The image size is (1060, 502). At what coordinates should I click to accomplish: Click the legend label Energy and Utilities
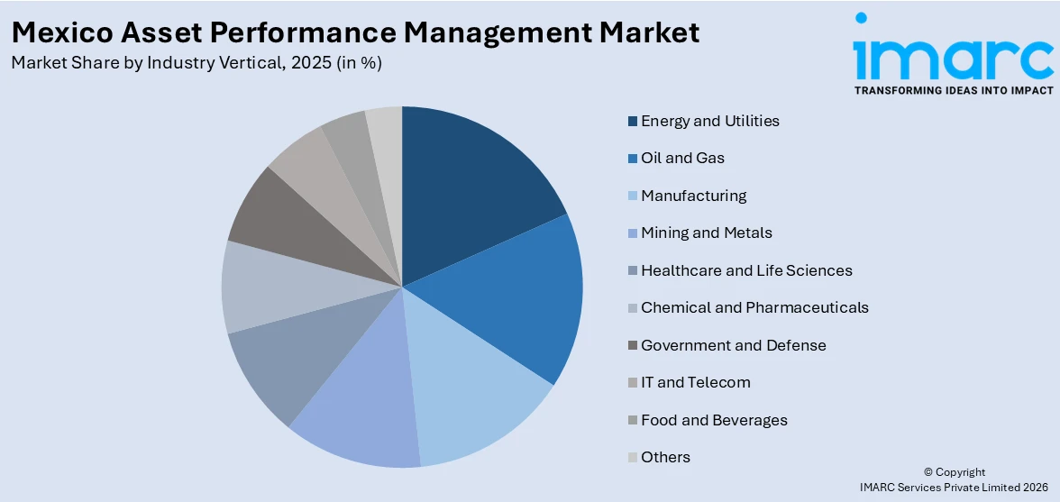coord(709,121)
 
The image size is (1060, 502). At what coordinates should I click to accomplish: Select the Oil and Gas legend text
coord(682,158)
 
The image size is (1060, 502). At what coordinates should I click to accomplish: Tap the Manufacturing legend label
coord(693,196)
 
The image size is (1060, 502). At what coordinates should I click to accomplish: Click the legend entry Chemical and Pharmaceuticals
coord(754,307)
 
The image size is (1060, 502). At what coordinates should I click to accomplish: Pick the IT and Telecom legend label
coord(695,382)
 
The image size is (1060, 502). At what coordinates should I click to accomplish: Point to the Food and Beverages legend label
coord(714,420)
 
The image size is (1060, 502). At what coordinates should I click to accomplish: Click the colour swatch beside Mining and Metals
coord(633,233)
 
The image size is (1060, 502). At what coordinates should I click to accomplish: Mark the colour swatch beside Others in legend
coord(633,458)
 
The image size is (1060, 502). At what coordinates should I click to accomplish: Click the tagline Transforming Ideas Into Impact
coord(953,90)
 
